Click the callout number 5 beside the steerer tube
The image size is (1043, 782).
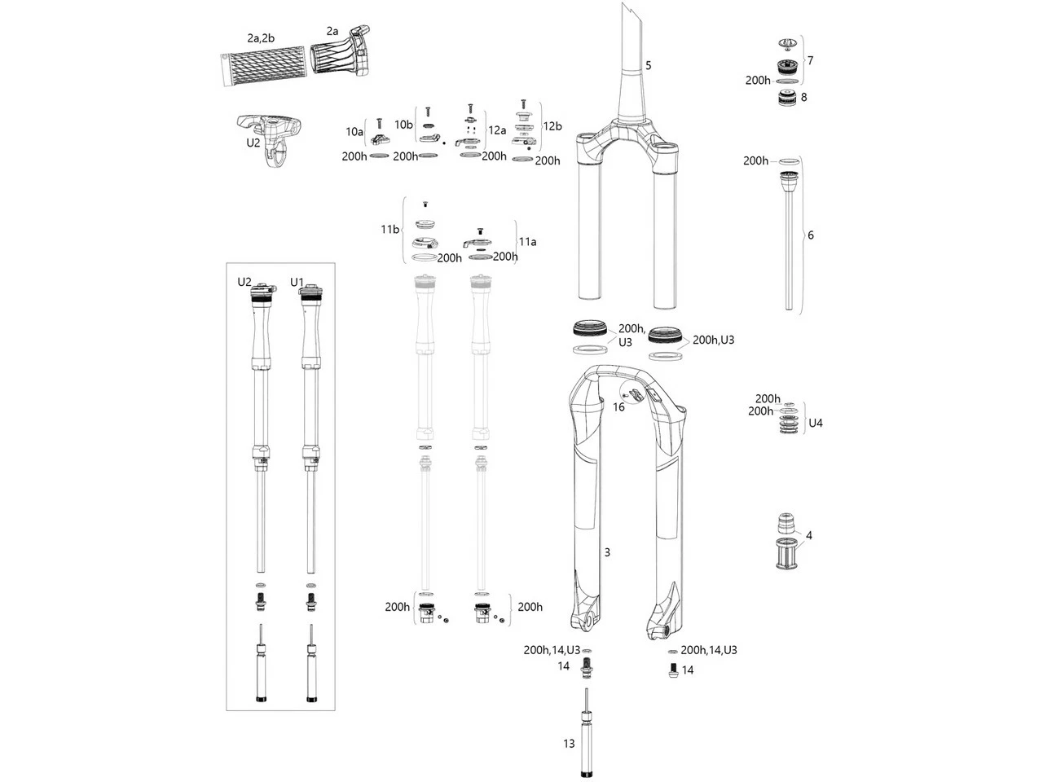click(649, 65)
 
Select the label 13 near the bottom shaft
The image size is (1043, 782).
click(569, 743)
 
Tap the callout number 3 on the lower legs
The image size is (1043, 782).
click(607, 552)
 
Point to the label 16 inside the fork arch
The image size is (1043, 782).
click(619, 406)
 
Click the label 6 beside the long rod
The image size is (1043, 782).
click(810, 235)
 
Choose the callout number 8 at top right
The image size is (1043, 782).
click(804, 97)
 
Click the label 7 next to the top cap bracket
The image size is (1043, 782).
click(809, 60)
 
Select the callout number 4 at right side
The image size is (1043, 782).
click(808, 536)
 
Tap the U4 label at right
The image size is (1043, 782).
click(815, 423)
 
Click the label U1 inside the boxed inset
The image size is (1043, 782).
click(297, 282)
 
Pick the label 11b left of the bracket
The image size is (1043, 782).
click(390, 230)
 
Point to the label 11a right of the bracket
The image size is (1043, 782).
click(528, 242)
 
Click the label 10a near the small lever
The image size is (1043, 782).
click(354, 131)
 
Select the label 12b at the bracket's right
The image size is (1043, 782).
click(552, 126)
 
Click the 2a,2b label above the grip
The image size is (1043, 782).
click(261, 38)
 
